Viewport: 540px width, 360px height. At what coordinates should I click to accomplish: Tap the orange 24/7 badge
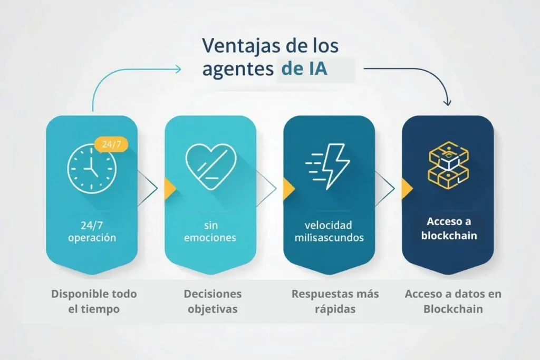click(111, 144)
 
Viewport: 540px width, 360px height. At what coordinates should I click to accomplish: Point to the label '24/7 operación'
click(92, 231)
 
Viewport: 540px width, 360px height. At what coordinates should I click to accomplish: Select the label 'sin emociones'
click(210, 231)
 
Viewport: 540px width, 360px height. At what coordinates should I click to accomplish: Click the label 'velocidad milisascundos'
click(329, 231)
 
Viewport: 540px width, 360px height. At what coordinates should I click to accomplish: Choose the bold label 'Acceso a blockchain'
click(448, 229)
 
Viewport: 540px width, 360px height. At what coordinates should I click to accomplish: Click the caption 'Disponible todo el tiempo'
click(93, 301)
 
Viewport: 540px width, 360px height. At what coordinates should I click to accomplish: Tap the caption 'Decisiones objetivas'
click(212, 301)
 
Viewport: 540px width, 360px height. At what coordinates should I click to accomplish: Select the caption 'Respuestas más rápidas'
click(335, 301)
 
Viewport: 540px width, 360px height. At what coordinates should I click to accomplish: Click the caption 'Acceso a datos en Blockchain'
click(453, 301)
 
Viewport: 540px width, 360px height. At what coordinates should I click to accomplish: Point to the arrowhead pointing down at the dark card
click(448, 102)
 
